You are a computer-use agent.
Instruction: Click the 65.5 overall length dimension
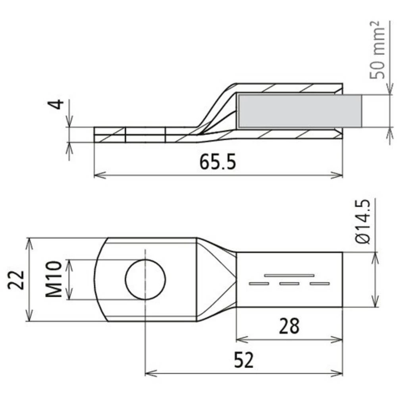coord(218,163)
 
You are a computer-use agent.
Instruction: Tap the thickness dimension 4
coord(58,104)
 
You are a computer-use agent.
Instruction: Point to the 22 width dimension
coord(18,279)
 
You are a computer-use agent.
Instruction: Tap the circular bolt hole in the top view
coord(145,279)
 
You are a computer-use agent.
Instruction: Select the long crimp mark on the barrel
coord(289,275)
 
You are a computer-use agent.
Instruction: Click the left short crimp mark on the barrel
coord(259,283)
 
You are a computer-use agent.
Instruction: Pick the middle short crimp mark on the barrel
coord(289,283)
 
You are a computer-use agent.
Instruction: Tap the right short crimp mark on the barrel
coord(320,283)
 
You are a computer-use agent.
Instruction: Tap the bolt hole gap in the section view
coord(145,135)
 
